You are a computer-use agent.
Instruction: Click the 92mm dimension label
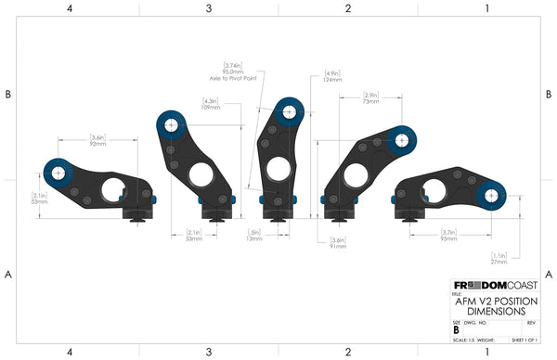[97, 143]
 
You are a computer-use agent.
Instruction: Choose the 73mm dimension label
[370, 100]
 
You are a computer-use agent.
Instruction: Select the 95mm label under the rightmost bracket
[447, 238]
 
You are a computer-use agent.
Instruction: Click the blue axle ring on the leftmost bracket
[58, 172]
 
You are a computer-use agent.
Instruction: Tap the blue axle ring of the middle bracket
[291, 110]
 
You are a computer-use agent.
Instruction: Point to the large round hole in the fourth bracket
[354, 174]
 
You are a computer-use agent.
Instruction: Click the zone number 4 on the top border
[70, 7]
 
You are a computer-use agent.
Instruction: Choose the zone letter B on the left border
[7, 94]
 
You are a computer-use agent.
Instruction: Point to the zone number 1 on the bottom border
[486, 353]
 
